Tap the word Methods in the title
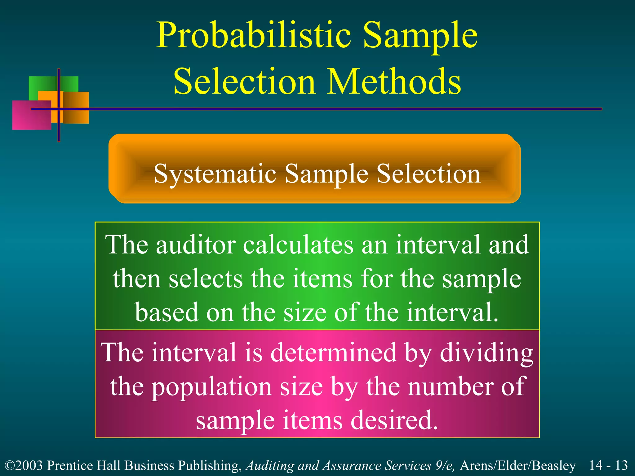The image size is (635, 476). coord(394,81)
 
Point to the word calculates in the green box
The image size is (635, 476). coord(298,245)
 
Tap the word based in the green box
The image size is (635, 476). coord(167,312)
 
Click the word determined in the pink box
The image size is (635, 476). coord(333,353)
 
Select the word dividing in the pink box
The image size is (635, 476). coord(487,353)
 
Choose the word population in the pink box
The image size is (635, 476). coord(211,387)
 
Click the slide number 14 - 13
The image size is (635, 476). coord(608,465)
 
